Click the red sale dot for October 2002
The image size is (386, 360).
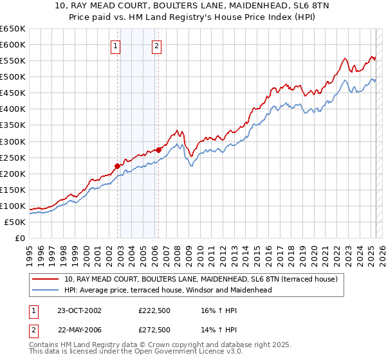(x=118, y=166)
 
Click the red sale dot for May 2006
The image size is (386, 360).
(x=158, y=150)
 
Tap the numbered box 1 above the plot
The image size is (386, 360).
(x=115, y=46)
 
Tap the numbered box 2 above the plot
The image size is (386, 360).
(x=156, y=46)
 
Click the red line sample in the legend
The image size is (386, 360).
(x=45, y=280)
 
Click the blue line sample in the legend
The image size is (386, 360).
(x=45, y=290)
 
